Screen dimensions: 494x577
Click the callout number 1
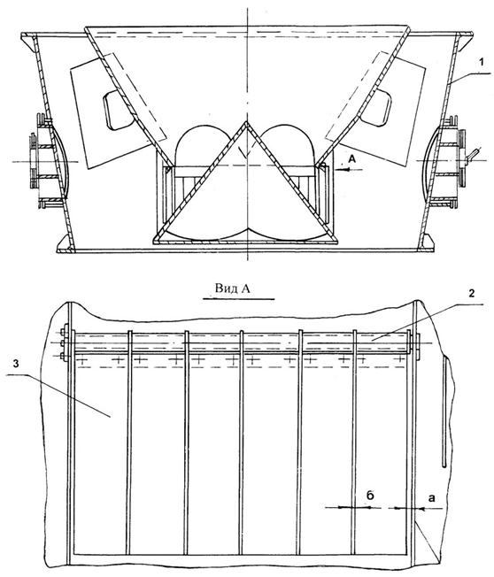click(x=481, y=63)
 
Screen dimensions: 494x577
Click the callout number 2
click(x=471, y=293)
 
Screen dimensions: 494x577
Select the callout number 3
click(x=16, y=364)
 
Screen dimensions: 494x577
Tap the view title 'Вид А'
click(x=233, y=288)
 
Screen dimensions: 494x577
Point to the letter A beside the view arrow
click(x=352, y=159)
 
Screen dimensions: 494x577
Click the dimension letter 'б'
click(x=370, y=496)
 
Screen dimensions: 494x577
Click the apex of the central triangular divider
click(x=244, y=122)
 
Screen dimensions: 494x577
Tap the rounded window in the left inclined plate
click(x=116, y=110)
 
